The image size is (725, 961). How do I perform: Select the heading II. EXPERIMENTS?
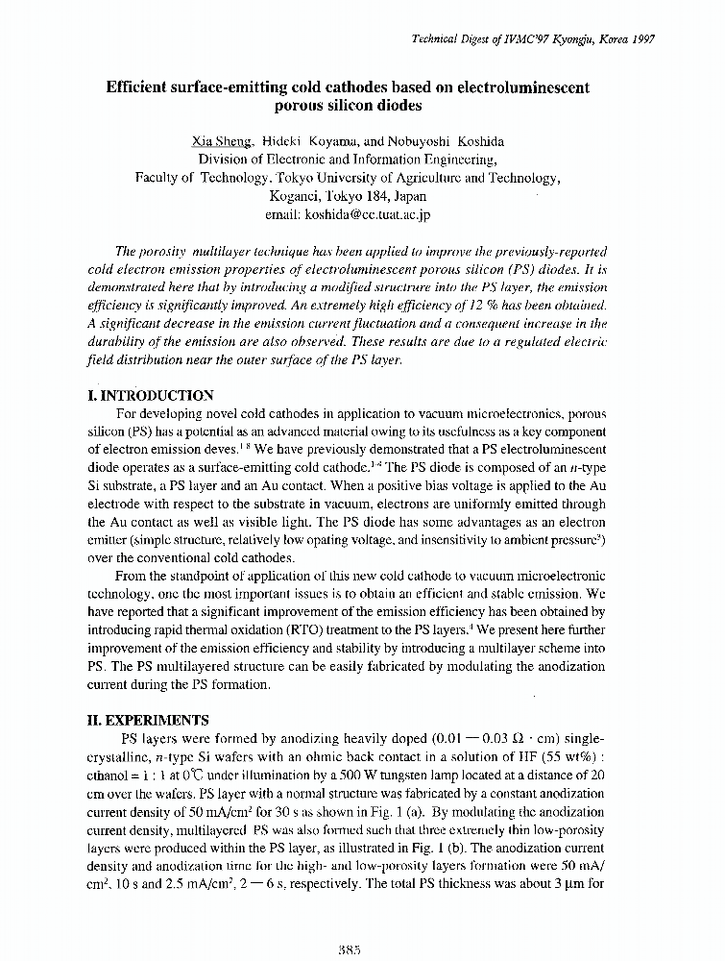click(142, 718)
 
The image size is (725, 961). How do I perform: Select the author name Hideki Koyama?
click(304, 140)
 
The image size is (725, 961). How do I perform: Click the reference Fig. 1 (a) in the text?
click(391, 811)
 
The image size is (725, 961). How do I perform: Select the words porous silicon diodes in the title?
click(347, 107)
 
